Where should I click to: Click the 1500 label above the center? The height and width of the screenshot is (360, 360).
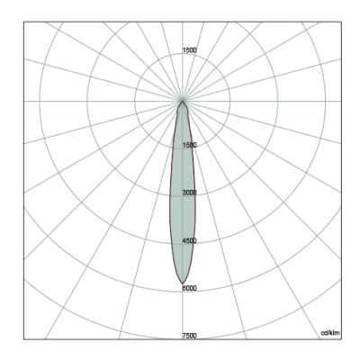click(190, 50)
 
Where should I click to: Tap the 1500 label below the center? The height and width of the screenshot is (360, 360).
click(190, 145)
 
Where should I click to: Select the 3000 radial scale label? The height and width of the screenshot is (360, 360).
click(190, 193)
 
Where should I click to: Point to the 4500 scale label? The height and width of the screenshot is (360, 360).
click(190, 240)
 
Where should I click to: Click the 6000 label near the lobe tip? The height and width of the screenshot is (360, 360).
click(190, 288)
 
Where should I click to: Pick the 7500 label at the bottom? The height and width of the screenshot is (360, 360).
click(190, 336)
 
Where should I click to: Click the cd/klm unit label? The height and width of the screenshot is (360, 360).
click(331, 333)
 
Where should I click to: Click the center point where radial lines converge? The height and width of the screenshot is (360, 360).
click(183, 101)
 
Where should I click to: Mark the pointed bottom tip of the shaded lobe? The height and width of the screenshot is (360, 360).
click(182, 283)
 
